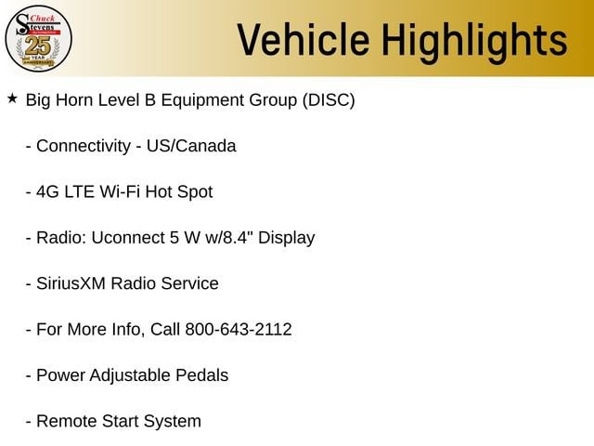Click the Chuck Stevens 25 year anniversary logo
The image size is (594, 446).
pyautogui.click(x=38, y=38)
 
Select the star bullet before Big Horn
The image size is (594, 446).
pyautogui.click(x=12, y=98)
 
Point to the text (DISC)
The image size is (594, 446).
pyautogui.click(x=329, y=100)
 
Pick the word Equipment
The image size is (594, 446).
pyautogui.click(x=202, y=101)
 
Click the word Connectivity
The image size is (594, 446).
pyautogui.click(x=84, y=146)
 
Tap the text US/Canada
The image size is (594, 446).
pyautogui.click(x=191, y=146)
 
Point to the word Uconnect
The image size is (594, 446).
pyautogui.click(x=128, y=238)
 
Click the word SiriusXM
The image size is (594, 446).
pyautogui.click(x=71, y=283)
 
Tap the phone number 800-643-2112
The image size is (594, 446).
pyautogui.click(x=239, y=329)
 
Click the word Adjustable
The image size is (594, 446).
pyautogui.click(x=130, y=375)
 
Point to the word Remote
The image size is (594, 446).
pyautogui.click(x=66, y=421)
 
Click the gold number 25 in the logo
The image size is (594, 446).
pyautogui.click(x=38, y=46)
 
